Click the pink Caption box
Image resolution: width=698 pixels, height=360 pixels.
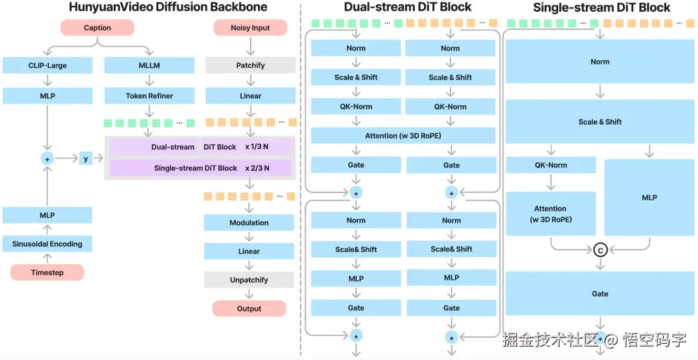tap(98, 28)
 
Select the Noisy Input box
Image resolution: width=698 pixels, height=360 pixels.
tap(250, 28)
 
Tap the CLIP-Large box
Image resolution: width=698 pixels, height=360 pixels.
tap(47, 65)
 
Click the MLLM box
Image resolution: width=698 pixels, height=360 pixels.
tap(149, 65)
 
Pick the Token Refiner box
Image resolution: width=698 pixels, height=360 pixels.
tap(149, 96)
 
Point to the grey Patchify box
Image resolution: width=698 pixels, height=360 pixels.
tap(250, 65)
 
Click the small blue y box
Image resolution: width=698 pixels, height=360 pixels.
tap(86, 158)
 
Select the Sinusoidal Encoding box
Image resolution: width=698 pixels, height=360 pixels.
tap(47, 244)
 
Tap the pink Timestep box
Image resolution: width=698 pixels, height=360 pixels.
tap(47, 273)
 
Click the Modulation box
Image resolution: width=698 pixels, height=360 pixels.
tap(249, 222)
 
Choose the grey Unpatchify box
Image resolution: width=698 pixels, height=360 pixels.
tap(249, 280)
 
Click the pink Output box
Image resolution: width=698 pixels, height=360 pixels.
tap(249, 308)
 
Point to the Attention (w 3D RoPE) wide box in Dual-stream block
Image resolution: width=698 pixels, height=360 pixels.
tap(403, 136)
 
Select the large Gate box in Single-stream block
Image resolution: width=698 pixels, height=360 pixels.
tap(600, 293)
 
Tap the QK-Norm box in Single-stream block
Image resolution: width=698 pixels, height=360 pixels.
tap(551, 165)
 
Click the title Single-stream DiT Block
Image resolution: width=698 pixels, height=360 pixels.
tap(602, 8)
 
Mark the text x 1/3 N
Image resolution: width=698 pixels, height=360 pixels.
tap(257, 147)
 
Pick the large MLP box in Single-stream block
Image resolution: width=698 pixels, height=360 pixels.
tap(650, 197)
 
